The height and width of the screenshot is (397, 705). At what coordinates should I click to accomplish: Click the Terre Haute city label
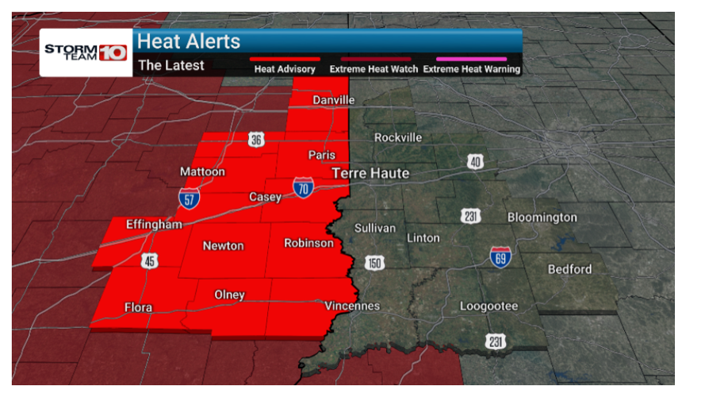(370, 173)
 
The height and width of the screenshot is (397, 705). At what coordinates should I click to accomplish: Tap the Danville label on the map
(333, 100)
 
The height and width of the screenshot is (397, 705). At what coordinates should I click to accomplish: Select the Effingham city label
(154, 225)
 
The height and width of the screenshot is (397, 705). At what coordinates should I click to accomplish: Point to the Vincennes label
(352, 306)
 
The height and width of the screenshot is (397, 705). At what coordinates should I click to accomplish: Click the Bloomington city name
(542, 217)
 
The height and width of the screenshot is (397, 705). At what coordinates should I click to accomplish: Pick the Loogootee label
(489, 306)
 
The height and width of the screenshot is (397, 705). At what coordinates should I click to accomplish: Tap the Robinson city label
(308, 243)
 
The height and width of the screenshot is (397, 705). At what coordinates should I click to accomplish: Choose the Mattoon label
(202, 172)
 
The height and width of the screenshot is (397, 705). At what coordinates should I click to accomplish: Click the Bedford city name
(569, 269)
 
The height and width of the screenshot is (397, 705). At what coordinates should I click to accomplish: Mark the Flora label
(138, 307)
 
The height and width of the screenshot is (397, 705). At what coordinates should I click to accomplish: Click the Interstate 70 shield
(303, 187)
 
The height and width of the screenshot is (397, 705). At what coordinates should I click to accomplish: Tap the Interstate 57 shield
(189, 198)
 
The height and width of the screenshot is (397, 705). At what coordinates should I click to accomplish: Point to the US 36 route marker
(255, 141)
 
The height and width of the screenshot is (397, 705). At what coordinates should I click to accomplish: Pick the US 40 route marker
(475, 162)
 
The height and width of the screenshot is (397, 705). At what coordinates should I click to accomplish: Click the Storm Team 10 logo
(86, 52)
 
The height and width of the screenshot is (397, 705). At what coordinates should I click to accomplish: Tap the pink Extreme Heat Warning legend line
(471, 58)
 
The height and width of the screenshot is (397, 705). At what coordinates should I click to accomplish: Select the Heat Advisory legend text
(285, 69)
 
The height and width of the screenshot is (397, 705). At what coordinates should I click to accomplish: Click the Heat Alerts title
(189, 41)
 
